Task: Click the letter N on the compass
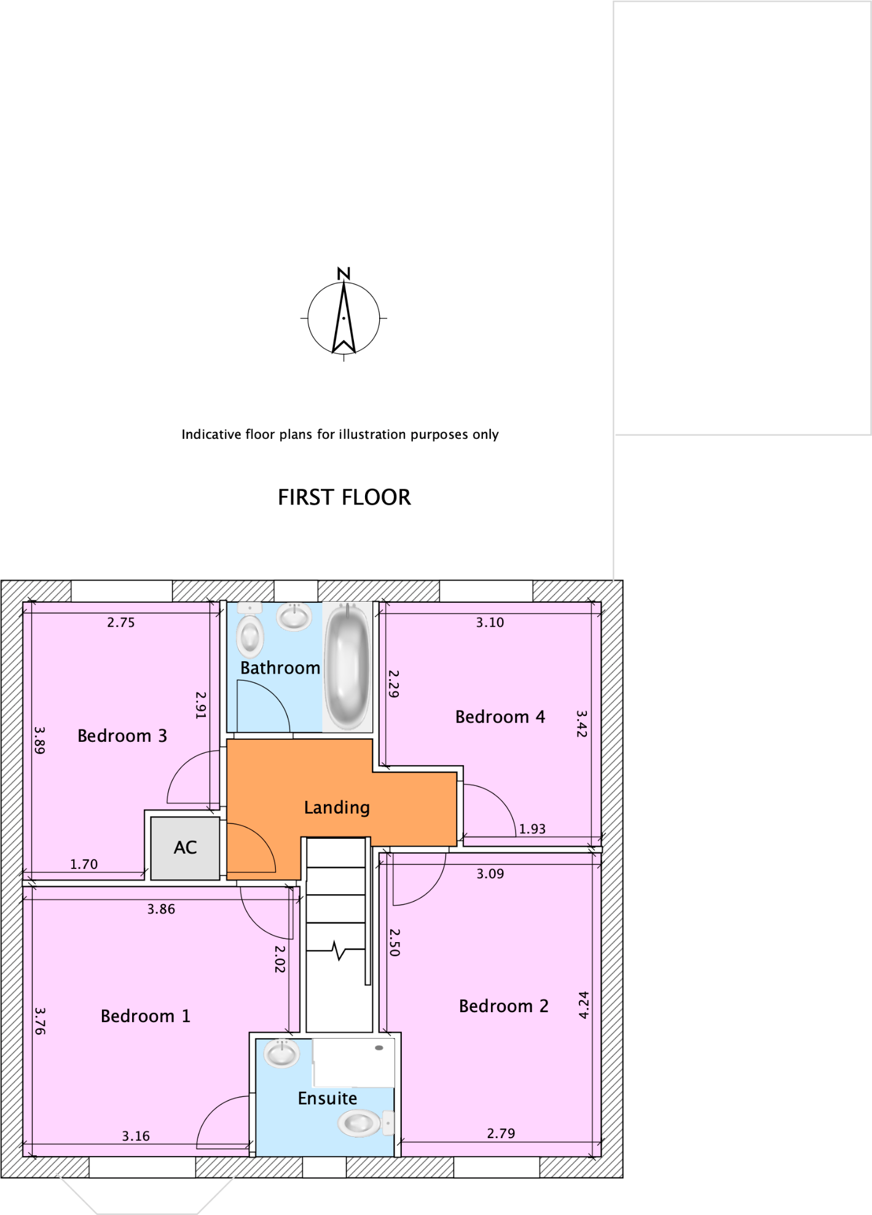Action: point(344,273)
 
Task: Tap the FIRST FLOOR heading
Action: point(344,497)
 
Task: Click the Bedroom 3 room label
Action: point(122,736)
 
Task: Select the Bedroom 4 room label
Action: point(500,717)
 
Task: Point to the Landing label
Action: point(337,807)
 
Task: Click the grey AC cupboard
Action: point(185,847)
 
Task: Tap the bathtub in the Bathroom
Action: point(347,666)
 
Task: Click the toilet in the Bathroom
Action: point(250,633)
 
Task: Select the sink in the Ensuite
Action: point(282,1053)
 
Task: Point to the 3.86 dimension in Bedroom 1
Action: point(161,909)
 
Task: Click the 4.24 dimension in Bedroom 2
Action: point(584,1005)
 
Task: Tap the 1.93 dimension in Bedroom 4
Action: point(532,829)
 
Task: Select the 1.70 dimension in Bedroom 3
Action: point(84,864)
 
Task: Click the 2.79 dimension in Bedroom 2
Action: point(501,1133)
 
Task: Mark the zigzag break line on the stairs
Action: point(337,951)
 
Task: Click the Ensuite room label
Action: point(327,1098)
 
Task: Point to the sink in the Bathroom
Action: point(294,616)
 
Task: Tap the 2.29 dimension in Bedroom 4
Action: point(394,683)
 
